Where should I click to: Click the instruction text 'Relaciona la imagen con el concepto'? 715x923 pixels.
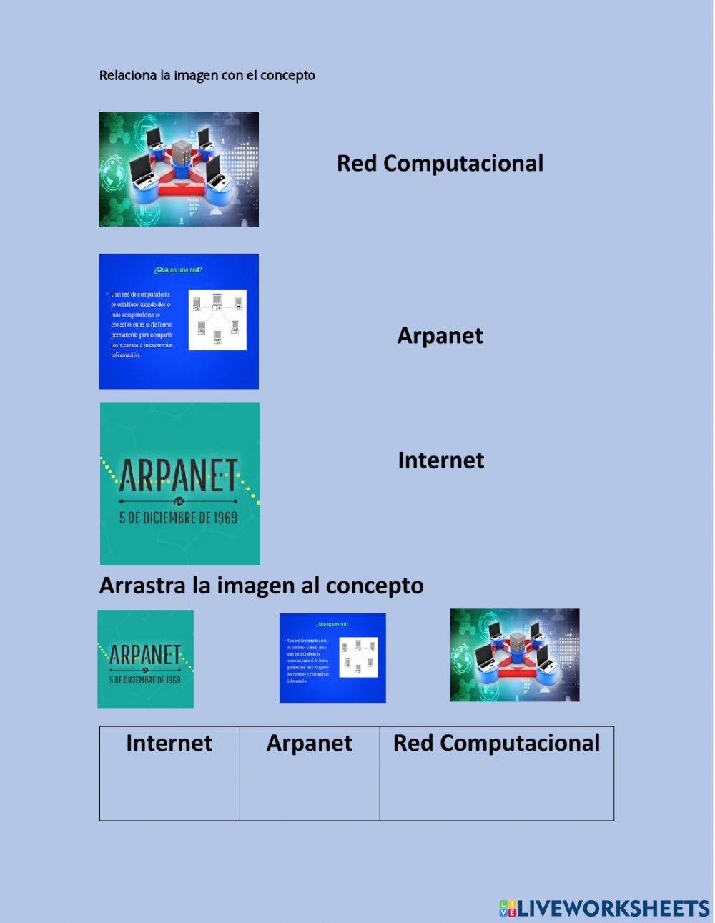click(207, 75)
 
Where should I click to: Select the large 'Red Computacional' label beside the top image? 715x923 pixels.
click(440, 163)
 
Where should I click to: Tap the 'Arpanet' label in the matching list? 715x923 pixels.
click(440, 335)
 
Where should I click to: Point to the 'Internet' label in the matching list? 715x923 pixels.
click(440, 460)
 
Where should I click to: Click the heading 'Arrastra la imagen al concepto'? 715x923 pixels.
click(261, 586)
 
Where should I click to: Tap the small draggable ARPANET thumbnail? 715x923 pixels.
click(145, 658)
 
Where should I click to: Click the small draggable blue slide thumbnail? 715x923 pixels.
click(332, 658)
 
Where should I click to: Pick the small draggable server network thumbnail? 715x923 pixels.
click(515, 655)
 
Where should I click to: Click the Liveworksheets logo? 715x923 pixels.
click(604, 908)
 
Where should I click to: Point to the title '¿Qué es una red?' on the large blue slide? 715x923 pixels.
click(178, 270)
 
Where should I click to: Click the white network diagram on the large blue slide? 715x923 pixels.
click(217, 320)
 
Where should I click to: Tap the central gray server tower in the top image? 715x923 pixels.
click(182, 152)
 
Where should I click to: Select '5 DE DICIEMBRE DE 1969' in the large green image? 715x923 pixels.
click(178, 517)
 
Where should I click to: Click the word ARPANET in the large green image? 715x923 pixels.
click(178, 475)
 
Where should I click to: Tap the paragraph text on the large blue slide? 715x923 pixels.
click(142, 325)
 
